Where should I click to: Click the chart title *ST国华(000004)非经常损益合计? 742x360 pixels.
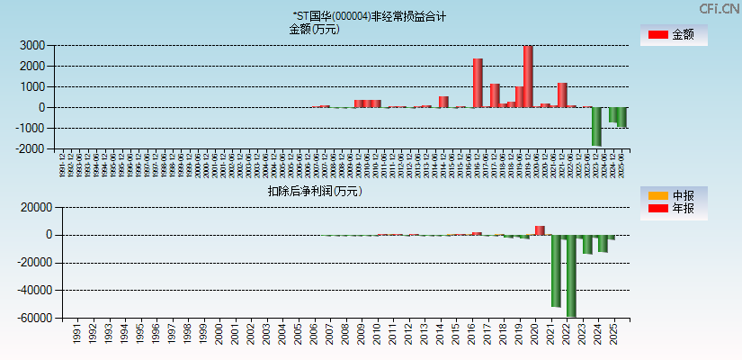click(369, 16)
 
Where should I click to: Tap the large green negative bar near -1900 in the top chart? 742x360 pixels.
click(596, 126)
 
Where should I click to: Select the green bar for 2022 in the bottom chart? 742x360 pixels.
click(571, 275)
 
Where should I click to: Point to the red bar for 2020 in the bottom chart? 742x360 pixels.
click(540, 230)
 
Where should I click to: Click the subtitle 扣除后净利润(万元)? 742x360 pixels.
click(315, 191)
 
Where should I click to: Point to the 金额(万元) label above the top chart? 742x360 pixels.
click(315, 29)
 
